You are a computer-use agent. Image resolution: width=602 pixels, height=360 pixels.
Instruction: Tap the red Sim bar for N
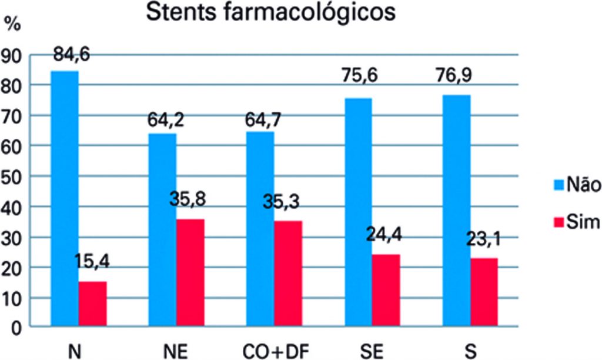[x=93, y=304]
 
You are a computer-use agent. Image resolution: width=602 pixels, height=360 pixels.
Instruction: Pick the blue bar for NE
[x=162, y=229]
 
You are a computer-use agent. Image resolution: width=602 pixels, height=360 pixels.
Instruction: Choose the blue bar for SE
[x=358, y=212]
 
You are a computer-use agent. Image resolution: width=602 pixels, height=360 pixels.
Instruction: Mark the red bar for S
[x=484, y=292]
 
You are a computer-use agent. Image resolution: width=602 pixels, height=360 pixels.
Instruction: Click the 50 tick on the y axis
[x=13, y=176]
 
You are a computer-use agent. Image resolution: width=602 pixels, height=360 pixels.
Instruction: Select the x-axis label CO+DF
[x=275, y=351]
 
